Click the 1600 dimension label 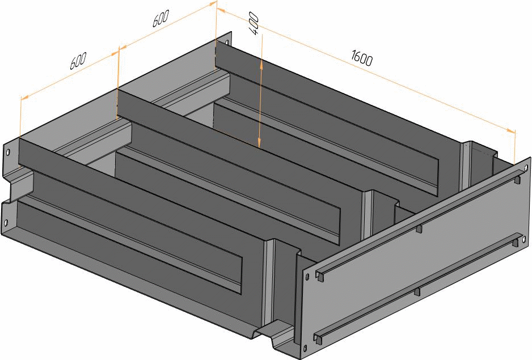pos(362,58)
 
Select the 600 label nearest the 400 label pos(160,18)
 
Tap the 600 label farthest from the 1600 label pos(78,61)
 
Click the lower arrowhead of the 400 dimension pos(259,142)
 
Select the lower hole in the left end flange pos(6,223)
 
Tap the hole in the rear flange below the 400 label pos(226,42)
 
